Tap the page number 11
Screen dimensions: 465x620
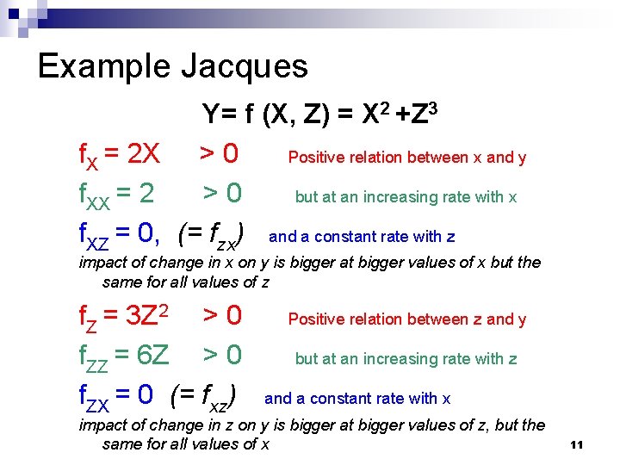[577, 444]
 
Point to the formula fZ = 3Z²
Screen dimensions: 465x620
[123, 317]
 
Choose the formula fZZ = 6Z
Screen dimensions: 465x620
[124, 355]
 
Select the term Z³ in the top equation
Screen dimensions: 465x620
[427, 113]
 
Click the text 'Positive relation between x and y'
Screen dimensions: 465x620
[406, 158]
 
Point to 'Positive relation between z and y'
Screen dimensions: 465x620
[406, 319]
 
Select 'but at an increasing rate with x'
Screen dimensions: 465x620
[406, 197]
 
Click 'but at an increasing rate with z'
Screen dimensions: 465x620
[406, 359]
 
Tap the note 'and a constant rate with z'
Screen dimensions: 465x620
[362, 237]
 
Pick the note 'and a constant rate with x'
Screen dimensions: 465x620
[357, 399]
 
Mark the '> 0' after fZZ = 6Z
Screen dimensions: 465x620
[222, 355]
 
